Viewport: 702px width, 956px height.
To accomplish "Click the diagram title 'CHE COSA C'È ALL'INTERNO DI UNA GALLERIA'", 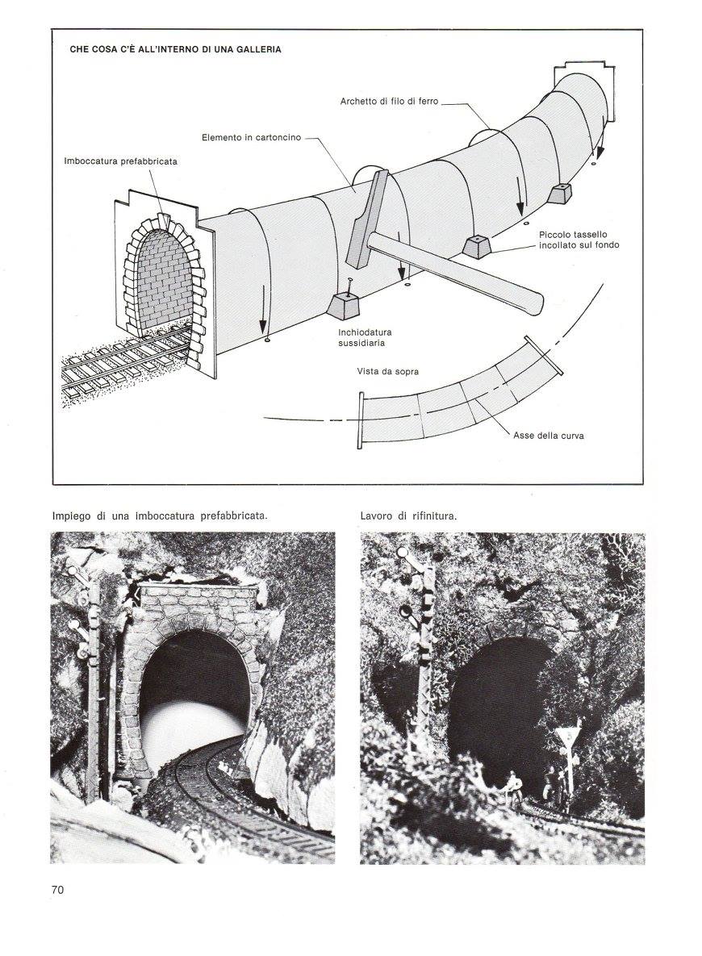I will point(175,49).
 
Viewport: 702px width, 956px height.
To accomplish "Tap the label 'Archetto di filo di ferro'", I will point(389,102).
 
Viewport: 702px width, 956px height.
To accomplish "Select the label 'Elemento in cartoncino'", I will point(251,138).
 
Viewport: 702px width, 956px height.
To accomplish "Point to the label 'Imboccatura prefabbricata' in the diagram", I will point(120,161).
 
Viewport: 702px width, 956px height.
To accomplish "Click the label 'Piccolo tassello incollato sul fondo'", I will point(579,239).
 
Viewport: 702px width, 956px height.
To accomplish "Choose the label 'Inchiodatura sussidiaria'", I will point(361,336).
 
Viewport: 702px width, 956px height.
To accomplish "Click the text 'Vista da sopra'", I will point(387,372).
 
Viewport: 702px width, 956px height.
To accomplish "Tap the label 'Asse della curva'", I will point(549,436).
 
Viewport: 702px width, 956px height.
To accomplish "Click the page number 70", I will point(56,890).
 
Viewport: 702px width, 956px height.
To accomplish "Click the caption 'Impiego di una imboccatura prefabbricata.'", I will point(159,515).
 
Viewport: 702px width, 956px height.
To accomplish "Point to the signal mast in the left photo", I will point(93,686).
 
